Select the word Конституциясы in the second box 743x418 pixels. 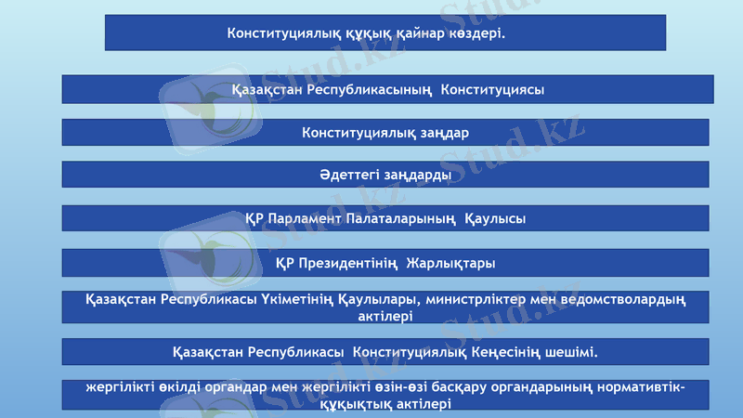click(x=492, y=90)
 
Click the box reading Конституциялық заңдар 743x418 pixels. click(x=385, y=133)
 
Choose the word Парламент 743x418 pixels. click(x=306, y=219)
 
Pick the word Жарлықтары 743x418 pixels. click(x=450, y=263)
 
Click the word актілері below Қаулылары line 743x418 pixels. click(x=385, y=317)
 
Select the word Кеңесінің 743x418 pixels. click(x=515, y=353)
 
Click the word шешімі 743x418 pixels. click(x=576, y=353)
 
